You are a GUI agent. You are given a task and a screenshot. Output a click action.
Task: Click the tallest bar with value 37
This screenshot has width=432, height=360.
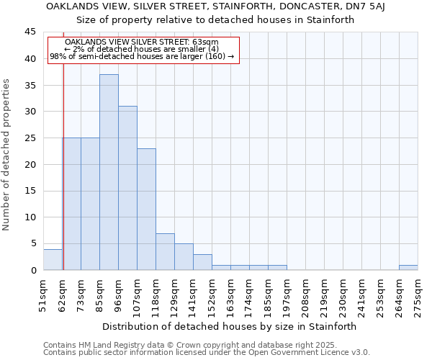click(109, 173)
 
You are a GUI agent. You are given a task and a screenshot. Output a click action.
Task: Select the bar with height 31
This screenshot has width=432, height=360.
click(127, 189)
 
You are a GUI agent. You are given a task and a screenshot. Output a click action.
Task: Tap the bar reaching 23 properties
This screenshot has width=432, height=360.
click(146, 210)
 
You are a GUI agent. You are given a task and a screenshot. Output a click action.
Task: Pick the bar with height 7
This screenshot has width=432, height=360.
click(165, 252)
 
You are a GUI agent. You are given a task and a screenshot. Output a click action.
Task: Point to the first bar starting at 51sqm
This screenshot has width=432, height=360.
click(53, 260)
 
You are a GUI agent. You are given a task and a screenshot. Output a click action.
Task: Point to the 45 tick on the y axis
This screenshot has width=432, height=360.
click(30, 32)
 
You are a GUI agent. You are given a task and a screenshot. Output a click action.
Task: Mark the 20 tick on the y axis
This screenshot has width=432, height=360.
click(30, 165)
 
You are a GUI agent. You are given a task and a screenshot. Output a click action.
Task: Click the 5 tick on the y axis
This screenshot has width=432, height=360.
click(32, 244)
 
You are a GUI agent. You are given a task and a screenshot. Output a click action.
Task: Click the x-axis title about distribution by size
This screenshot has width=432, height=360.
click(229, 326)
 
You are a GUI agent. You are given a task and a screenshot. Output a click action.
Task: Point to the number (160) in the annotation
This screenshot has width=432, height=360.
click(216, 56)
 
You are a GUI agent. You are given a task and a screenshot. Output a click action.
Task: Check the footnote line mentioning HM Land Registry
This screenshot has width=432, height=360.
click(206, 345)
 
